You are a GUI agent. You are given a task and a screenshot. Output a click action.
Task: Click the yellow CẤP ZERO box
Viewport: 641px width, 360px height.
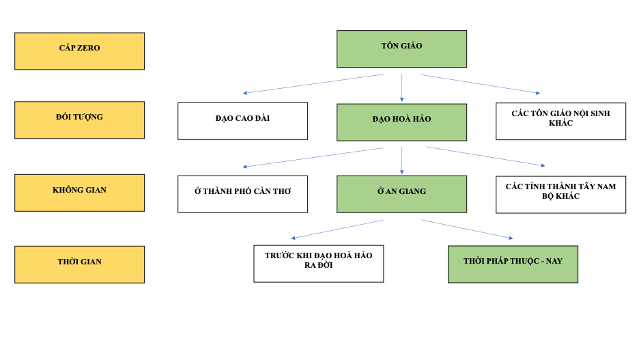tap(79, 51)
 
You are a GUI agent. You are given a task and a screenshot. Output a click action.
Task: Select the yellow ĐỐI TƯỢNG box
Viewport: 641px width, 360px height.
tap(79, 120)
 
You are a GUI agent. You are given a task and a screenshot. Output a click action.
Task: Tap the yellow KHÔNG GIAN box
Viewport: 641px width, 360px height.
tap(79, 193)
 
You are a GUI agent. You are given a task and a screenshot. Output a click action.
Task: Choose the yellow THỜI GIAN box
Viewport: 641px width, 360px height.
tap(79, 264)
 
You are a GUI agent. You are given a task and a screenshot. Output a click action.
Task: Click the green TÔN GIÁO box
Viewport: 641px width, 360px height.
tap(401, 49)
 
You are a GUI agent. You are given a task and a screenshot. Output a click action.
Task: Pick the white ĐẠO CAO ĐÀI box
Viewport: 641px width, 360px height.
tap(242, 121)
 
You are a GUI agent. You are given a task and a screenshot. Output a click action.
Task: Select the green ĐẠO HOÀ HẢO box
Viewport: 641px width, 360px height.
tap(401, 122)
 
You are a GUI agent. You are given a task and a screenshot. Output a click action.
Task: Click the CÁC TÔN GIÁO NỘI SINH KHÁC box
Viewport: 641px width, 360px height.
tap(560, 121)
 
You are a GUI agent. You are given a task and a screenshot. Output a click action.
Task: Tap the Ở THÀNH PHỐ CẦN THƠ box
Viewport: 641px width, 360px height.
tap(242, 194)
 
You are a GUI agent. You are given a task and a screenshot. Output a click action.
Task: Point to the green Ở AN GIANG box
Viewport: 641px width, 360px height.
tap(401, 194)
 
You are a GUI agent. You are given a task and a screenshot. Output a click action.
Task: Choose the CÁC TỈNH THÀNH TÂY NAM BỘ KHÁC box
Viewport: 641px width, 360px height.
tap(560, 194)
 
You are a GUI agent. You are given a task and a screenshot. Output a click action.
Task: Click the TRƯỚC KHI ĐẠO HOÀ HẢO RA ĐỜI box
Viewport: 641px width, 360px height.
tap(318, 264)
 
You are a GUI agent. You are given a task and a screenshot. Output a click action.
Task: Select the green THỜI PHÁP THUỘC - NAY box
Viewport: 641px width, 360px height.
tap(513, 264)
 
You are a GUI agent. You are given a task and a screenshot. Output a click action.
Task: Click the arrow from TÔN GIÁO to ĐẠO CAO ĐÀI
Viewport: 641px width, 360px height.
tap(313, 84)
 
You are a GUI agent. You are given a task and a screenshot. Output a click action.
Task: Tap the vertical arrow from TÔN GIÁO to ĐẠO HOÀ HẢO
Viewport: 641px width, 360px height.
tap(401, 87)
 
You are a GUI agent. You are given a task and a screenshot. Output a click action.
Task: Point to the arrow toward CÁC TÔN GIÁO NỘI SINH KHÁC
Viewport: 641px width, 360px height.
tap(481, 84)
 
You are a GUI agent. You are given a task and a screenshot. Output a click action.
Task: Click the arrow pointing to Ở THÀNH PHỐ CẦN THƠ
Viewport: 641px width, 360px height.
tap(313, 157)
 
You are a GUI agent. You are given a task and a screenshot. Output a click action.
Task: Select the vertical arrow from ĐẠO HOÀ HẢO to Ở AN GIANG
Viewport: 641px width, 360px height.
tap(401, 161)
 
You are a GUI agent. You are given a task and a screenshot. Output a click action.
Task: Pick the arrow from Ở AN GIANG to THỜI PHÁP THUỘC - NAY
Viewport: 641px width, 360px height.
tap(467, 229)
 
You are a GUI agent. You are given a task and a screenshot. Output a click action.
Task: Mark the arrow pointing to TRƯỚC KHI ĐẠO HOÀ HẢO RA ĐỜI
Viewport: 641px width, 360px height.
tap(338, 229)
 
